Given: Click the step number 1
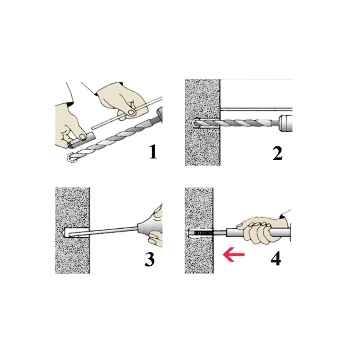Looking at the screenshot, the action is (153, 152).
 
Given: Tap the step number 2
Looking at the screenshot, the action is (278, 153).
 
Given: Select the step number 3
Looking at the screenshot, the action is (149, 259).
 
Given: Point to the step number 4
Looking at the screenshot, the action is (276, 259).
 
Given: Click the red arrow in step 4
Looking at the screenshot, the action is (234, 254).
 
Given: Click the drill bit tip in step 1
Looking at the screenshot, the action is (70, 157).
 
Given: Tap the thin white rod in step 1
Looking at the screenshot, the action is (127, 113).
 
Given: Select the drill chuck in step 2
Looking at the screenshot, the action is (285, 123).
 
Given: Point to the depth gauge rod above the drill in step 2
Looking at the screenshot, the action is (256, 109).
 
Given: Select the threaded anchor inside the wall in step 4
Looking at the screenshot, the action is (200, 234).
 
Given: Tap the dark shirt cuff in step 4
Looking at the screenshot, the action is (285, 214).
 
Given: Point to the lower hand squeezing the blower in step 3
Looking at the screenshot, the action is (156, 239).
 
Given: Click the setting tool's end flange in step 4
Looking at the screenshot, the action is (291, 234).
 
